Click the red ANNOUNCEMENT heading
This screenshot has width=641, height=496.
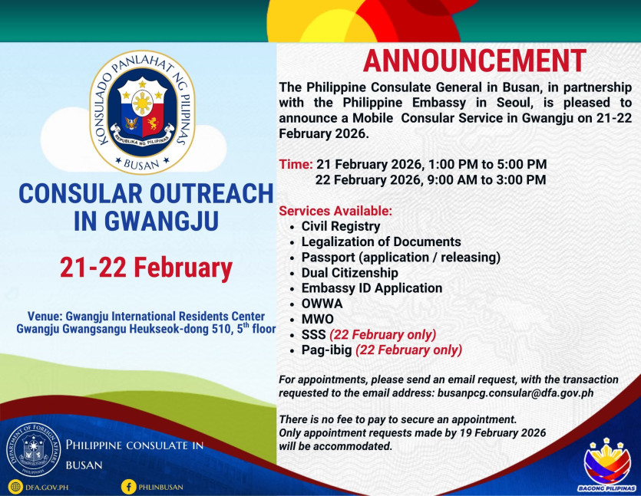[474, 61]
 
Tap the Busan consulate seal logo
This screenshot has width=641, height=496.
[142, 112]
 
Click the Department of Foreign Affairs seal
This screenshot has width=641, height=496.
[33, 449]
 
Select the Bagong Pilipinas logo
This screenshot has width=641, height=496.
[606, 465]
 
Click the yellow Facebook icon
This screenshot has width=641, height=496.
[128, 487]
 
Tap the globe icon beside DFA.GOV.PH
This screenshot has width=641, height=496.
[15, 487]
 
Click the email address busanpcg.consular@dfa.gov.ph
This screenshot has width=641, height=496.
[515, 393]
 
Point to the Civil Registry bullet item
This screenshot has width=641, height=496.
[341, 226]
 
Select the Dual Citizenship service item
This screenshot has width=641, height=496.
[349, 273]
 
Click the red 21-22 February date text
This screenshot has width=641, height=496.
[146, 268]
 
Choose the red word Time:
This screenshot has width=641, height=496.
[296, 164]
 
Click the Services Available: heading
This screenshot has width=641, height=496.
[335, 211]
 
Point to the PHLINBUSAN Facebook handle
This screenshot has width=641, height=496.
[160, 487]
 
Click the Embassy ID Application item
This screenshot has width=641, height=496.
[372, 288]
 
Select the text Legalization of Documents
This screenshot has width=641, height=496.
[381, 241]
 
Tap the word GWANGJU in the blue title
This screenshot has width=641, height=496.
[161, 221]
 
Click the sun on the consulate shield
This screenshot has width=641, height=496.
[142, 102]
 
